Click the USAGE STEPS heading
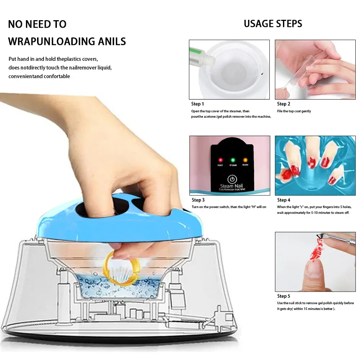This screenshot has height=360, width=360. [273, 24]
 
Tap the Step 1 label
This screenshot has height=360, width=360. [198, 104]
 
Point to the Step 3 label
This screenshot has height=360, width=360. [198, 200]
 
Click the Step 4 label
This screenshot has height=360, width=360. [284, 200]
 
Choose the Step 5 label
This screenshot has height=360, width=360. [284, 296]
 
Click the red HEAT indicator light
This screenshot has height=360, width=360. [219, 159]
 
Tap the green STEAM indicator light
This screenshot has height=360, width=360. [233, 159]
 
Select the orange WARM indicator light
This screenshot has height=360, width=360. [246, 159]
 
